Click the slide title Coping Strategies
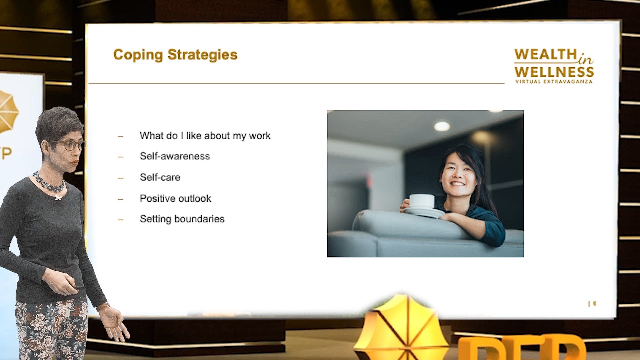coord(175,55)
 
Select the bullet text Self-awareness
coord(175,156)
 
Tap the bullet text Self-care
coord(160,177)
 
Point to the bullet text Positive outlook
coord(175,198)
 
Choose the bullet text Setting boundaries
coord(182,219)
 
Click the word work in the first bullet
coord(260,136)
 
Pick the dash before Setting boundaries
coord(121,220)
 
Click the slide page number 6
coord(595,303)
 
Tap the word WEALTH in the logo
coord(545,54)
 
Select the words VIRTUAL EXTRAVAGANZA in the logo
coord(554,82)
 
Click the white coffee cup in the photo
coord(422,201)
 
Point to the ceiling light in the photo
coord(442,126)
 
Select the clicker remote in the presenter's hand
coord(79,287)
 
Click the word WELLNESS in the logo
coord(554,72)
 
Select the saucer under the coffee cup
coord(424,212)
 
